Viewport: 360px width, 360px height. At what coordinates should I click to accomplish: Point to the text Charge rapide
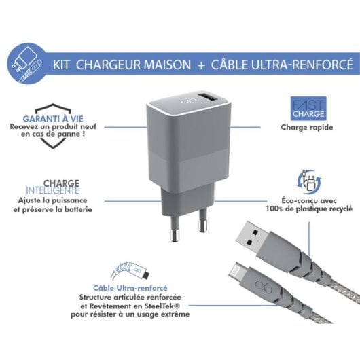[302, 126]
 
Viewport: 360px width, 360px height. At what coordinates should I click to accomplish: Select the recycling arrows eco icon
[305, 181]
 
